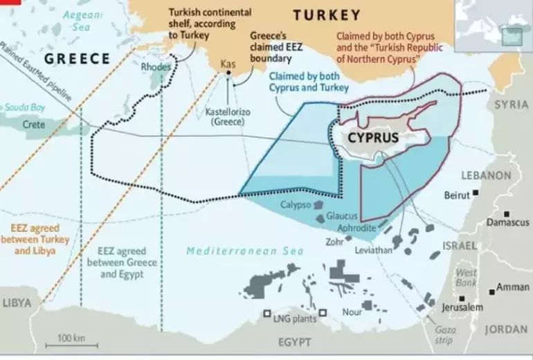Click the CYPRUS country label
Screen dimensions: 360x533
click(x=372, y=137)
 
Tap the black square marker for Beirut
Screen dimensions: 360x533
click(x=476, y=195)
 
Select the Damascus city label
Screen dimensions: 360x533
click(x=507, y=222)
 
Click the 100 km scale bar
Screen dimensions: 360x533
click(x=70, y=343)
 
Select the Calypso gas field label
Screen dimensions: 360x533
click(x=295, y=205)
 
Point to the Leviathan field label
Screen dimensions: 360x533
click(x=374, y=250)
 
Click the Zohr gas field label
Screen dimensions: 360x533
click(x=334, y=242)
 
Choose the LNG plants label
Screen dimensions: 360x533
click(x=294, y=319)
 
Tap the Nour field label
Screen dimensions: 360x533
click(x=352, y=312)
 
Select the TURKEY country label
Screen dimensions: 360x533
click(x=327, y=15)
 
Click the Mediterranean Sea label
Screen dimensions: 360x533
click(x=235, y=251)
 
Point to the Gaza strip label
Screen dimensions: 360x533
click(x=444, y=335)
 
